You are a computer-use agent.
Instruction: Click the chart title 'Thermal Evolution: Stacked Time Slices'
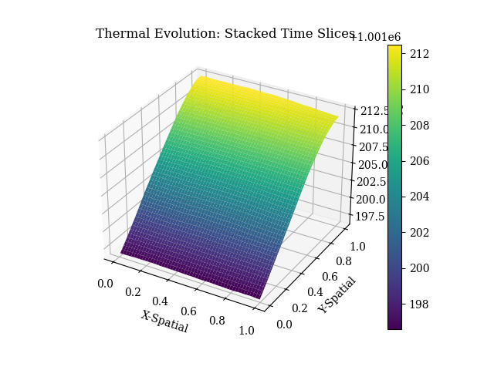[225, 34]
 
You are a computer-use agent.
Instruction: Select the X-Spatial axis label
[164, 321]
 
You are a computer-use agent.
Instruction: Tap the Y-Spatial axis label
[338, 295]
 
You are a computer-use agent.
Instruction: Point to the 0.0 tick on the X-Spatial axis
[105, 284]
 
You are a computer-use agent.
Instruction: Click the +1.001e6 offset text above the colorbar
[376, 37]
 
